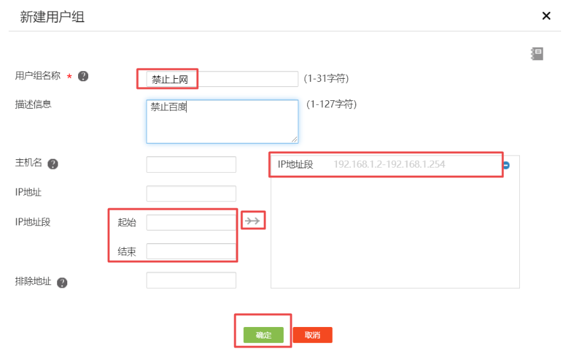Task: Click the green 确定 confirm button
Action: tap(263, 335)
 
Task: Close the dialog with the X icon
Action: tap(546, 16)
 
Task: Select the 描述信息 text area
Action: tap(222, 121)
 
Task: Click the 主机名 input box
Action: tap(191, 164)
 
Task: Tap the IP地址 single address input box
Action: tap(191, 194)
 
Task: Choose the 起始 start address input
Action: tap(191, 222)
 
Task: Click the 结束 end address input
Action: tap(191, 251)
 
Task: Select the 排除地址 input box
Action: tap(191, 281)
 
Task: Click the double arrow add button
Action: tap(253, 221)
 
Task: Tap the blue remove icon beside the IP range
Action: tap(507, 165)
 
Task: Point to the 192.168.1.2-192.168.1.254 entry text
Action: tap(389, 164)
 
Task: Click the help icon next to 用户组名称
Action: tap(83, 76)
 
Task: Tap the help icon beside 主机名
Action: tap(53, 164)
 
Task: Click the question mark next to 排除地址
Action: tap(62, 283)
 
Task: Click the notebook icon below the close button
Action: tap(537, 54)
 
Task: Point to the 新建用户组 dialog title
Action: tap(52, 17)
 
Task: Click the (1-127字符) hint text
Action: tap(331, 104)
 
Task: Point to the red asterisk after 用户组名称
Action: tap(69, 77)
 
